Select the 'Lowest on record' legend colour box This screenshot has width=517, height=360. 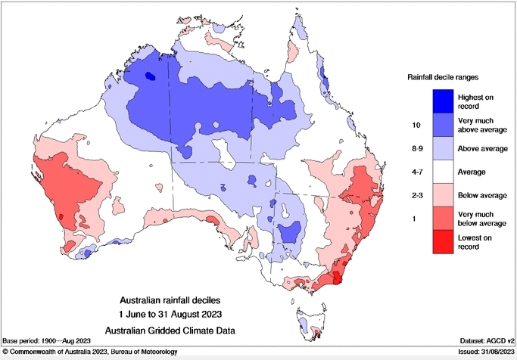click(444, 241)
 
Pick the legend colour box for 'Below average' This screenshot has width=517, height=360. click(444, 194)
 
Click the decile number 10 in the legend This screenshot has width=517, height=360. click(415, 123)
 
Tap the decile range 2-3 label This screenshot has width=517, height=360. click(415, 194)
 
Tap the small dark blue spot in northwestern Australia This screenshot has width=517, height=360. click(150, 76)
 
